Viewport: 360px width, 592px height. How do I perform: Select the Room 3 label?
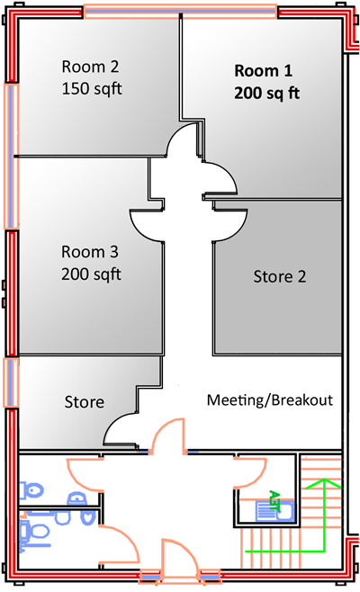tap(90, 252)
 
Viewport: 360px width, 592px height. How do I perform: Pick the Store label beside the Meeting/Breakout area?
tap(84, 402)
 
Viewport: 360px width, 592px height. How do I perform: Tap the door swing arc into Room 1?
tap(220, 180)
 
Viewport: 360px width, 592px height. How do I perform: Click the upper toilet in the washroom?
tap(33, 490)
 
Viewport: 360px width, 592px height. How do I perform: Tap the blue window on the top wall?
tap(180, 11)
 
